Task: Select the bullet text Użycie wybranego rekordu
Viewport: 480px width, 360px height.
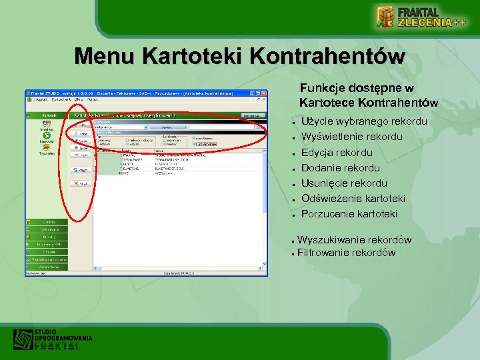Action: [364, 122]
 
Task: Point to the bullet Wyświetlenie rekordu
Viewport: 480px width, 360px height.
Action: [351, 137]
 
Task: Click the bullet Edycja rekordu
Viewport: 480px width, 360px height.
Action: [337, 153]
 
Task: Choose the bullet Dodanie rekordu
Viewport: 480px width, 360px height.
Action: [340, 168]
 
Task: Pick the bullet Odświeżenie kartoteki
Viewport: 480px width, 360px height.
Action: [353, 199]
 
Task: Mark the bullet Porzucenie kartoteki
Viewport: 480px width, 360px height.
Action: [349, 214]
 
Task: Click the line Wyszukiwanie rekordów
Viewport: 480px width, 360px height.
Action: [354, 240]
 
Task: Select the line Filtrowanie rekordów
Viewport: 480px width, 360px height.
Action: [346, 253]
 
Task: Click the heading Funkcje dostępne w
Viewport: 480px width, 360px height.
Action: [357, 88]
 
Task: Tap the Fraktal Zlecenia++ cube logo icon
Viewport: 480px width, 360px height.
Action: [385, 16]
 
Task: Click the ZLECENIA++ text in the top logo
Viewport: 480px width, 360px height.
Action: [431, 23]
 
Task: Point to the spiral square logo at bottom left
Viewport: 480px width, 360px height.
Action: [23, 340]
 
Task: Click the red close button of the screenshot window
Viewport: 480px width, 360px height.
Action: [263, 93]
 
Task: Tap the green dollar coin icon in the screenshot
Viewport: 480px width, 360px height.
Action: [47, 135]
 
